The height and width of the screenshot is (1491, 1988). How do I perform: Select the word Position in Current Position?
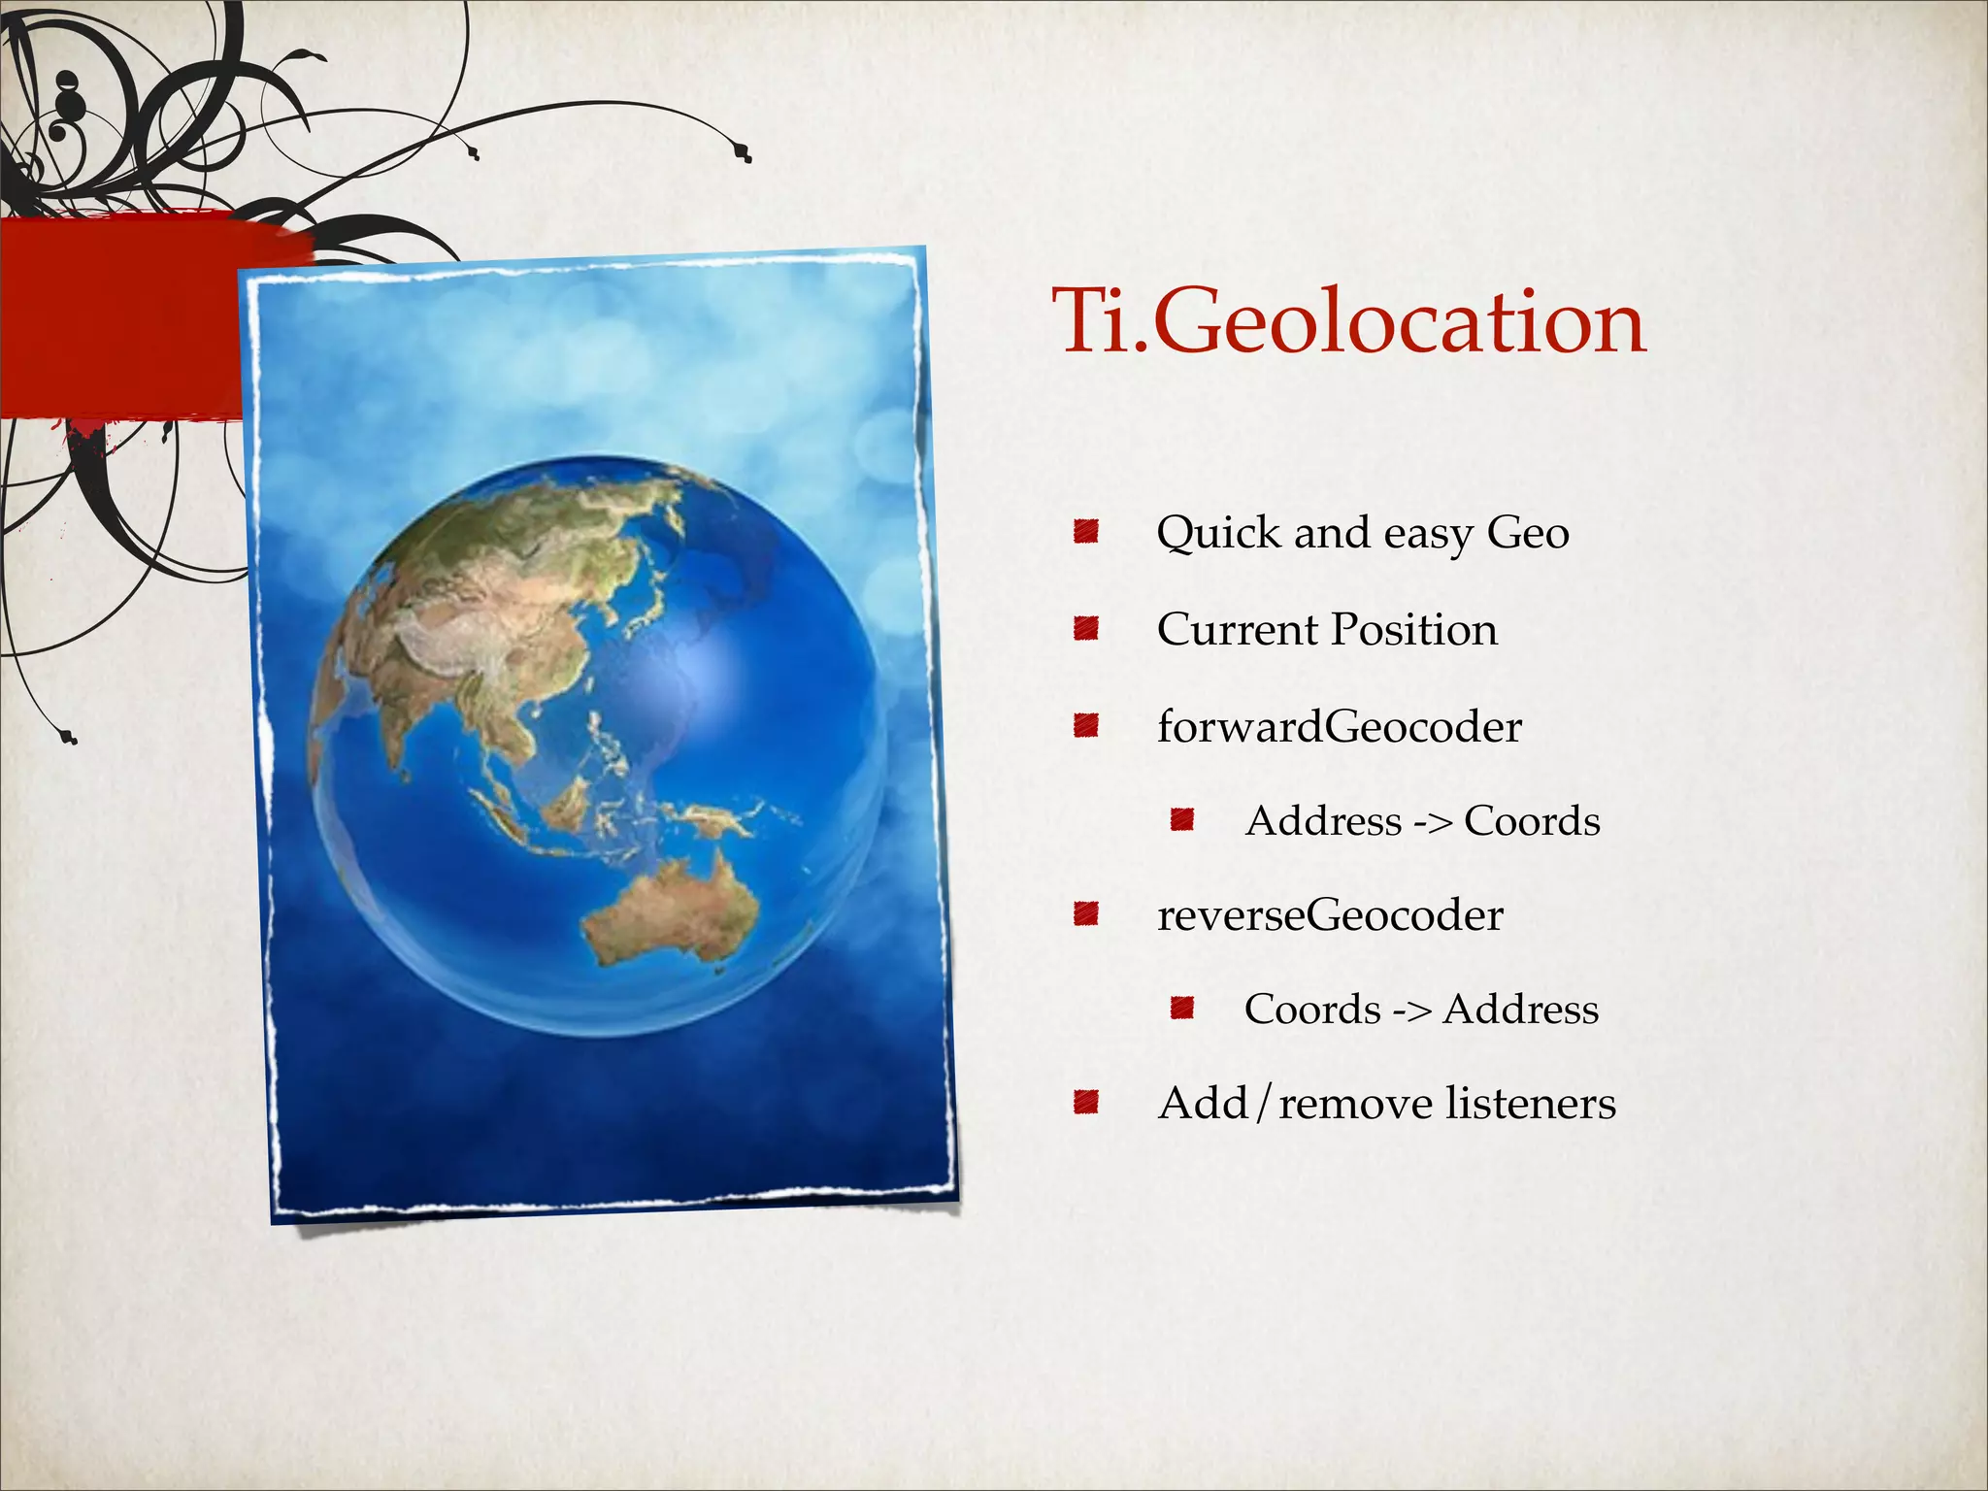1414,629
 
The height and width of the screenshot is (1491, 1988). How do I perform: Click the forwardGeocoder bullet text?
1340,726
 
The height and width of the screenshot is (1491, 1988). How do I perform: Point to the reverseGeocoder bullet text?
1330,914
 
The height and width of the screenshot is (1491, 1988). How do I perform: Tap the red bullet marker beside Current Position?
1085,629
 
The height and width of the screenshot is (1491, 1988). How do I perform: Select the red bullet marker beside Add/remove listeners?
1085,1103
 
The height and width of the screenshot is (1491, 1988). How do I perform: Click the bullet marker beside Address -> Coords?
1180,821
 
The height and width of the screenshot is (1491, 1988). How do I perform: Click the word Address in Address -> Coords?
1324,821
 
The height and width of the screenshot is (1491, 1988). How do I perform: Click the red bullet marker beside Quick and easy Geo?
1085,532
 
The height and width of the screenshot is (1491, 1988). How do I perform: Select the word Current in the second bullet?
1237,629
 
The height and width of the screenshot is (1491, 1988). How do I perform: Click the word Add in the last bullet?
1203,1103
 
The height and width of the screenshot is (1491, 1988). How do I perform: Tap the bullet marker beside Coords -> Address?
1180,1010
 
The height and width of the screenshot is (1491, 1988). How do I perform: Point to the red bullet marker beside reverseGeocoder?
1085,914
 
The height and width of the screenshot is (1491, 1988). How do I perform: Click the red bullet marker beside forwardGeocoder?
1085,726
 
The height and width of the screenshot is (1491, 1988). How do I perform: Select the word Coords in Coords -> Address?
1312,1010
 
